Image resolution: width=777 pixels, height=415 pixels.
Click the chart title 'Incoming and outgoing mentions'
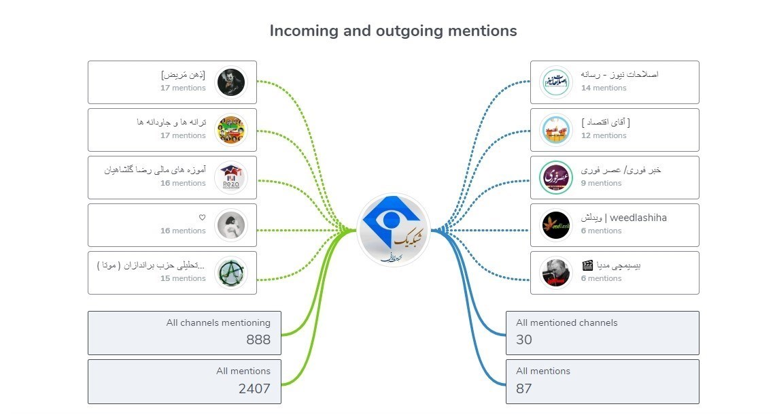[393, 31]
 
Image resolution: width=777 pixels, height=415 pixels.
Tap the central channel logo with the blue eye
[394, 230]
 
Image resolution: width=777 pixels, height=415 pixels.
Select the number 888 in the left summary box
[258, 339]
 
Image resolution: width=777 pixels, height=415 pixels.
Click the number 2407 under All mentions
[254, 388]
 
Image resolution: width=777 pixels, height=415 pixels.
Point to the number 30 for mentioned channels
[524, 339]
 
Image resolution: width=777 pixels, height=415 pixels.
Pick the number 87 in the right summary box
[524, 388]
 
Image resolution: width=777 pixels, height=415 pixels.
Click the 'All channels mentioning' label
[218, 322]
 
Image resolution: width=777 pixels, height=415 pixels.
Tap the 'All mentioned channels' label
[567, 322]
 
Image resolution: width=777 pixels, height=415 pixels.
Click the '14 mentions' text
[604, 88]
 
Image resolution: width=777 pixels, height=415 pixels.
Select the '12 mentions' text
[604, 135]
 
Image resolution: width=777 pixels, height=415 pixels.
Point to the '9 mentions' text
[601, 183]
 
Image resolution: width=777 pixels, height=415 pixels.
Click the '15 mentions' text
[183, 278]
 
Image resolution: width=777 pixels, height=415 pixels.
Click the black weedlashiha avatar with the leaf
[555, 225]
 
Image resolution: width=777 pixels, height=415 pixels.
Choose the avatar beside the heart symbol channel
[230, 225]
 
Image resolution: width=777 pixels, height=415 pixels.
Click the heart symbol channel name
[202, 218]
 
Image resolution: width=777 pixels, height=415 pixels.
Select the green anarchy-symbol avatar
[230, 273]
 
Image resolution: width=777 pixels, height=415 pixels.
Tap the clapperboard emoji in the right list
[588, 265]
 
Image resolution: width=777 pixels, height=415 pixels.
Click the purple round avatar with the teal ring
[555, 178]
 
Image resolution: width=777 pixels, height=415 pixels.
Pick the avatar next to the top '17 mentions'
[230, 82]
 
